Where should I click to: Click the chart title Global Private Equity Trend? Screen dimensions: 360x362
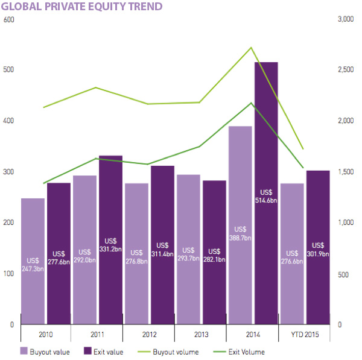pyautogui.click(x=83, y=7)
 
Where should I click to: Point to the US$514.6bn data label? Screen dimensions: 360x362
pyautogui.click(x=265, y=197)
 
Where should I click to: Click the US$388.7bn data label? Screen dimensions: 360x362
pyautogui.click(x=240, y=234)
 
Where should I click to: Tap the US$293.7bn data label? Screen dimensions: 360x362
pyautogui.click(x=188, y=254)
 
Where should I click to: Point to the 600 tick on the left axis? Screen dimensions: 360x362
pyautogui.click(x=8, y=20)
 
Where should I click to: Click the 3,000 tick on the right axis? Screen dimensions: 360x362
pyautogui.click(x=345, y=20)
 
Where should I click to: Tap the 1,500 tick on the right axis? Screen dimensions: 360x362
pyautogui.click(x=345, y=172)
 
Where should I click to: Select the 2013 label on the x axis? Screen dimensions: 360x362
pyautogui.click(x=200, y=333)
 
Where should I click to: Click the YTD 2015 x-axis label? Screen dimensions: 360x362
pyautogui.click(x=304, y=333)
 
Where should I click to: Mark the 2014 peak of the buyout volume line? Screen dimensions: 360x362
pyautogui.click(x=251, y=47)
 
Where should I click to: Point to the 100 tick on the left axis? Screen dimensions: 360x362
pyautogui.click(x=8, y=274)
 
